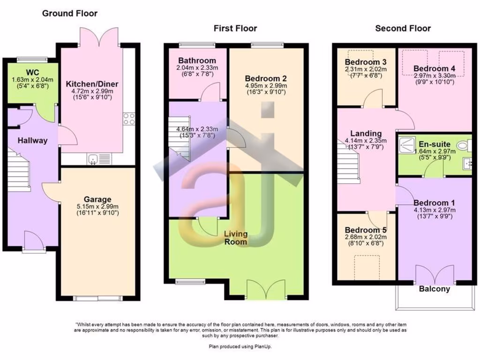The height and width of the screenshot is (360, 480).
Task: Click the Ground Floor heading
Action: (x=70, y=13)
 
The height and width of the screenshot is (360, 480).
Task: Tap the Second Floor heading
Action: (x=403, y=29)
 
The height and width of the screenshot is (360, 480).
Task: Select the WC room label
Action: (x=32, y=72)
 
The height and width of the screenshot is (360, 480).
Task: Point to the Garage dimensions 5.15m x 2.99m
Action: (x=98, y=206)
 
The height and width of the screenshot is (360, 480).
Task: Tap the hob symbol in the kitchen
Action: (x=129, y=119)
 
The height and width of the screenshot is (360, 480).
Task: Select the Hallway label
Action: (x=32, y=140)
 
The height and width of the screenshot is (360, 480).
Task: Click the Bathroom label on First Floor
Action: (x=197, y=60)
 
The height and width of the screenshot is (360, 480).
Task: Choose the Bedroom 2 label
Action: (x=265, y=78)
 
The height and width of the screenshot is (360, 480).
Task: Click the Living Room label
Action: (x=235, y=237)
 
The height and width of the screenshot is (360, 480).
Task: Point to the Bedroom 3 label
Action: (x=366, y=62)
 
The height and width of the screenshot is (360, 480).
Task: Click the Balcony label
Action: (x=434, y=289)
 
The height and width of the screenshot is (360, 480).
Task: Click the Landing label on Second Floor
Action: (x=366, y=134)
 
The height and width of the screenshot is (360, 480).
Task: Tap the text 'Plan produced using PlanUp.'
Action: (x=240, y=346)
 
